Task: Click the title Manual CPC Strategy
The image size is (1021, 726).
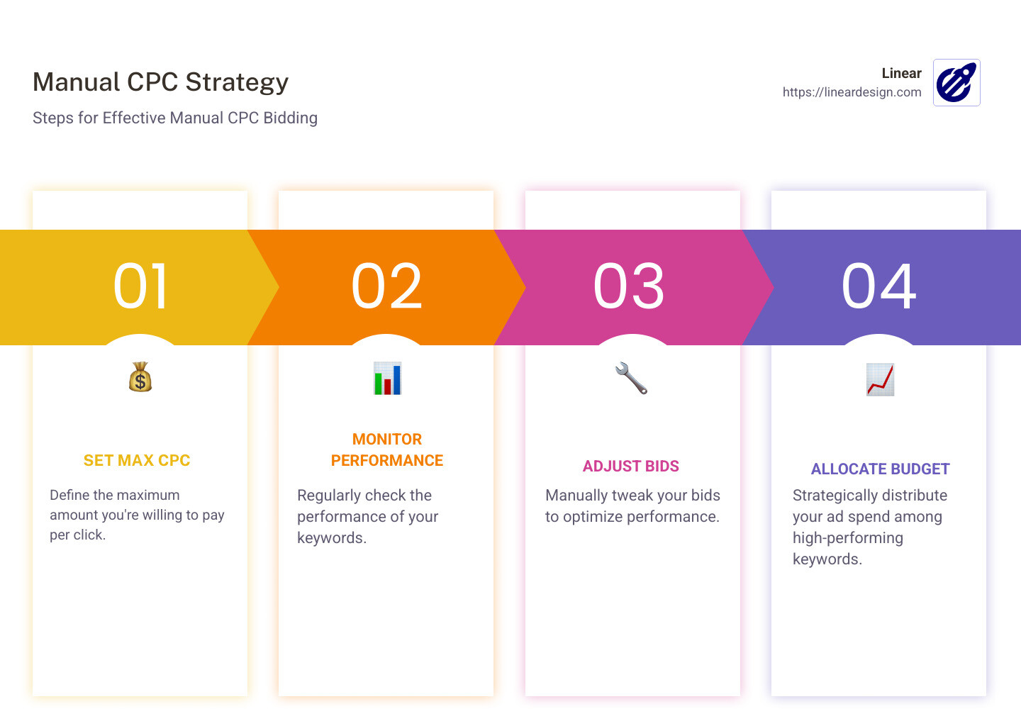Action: (x=160, y=82)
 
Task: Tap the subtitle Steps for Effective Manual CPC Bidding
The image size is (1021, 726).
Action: (x=174, y=118)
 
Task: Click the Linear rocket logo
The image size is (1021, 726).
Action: (x=956, y=82)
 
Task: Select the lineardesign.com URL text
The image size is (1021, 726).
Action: (x=852, y=92)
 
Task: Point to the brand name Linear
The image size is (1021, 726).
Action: (x=901, y=73)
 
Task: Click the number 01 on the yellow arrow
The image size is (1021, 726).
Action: (x=141, y=286)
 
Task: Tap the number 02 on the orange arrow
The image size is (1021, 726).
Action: (x=387, y=286)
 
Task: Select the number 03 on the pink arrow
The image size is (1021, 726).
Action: (x=629, y=286)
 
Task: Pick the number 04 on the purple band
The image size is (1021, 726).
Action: (x=878, y=286)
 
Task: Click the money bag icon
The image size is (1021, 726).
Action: (x=140, y=377)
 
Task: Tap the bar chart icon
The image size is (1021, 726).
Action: (x=387, y=379)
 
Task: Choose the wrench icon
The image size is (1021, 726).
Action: (x=631, y=378)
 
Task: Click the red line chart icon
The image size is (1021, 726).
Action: (x=880, y=379)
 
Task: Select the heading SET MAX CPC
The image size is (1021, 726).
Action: (x=137, y=461)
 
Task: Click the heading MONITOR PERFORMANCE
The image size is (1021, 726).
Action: (x=387, y=450)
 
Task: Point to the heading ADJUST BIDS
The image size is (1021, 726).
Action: (x=631, y=467)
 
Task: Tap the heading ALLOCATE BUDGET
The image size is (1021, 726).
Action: (x=880, y=469)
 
